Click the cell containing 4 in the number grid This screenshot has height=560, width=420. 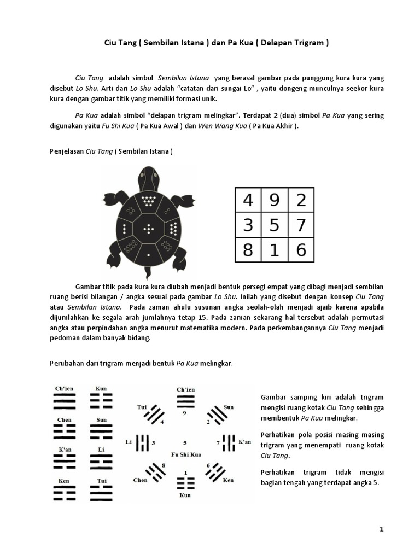coord(248,200)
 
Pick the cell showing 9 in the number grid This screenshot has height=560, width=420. coord(275,200)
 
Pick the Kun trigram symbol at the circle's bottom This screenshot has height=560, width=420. coord(185,482)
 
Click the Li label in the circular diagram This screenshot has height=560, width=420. coord(130,442)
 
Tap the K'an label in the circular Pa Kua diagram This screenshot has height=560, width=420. coord(244,442)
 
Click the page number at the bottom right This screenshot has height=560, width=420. coord(381,529)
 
